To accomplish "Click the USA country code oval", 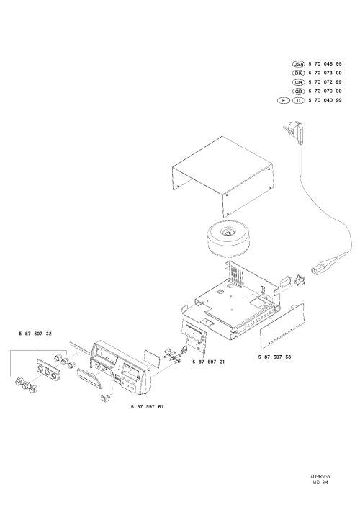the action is click(x=298, y=64).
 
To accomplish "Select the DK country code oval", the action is click(x=298, y=73).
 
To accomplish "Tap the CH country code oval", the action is click(x=298, y=82).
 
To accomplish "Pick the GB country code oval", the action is click(x=298, y=91).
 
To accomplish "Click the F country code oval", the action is click(x=284, y=101).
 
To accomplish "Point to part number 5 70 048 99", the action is click(x=325, y=64).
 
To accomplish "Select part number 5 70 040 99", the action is click(x=325, y=101).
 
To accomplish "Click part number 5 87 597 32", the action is click(x=35, y=334).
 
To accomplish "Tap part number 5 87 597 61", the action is click(x=148, y=406).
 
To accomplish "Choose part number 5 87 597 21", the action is click(x=209, y=362).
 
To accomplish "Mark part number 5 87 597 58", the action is click(x=275, y=357).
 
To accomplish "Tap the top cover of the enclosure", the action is click(x=222, y=176).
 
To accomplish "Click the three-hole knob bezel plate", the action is click(x=48, y=369).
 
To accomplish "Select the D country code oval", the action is click(x=298, y=101).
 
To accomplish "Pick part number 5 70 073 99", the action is click(x=325, y=73).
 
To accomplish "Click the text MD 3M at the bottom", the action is click(x=320, y=483).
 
